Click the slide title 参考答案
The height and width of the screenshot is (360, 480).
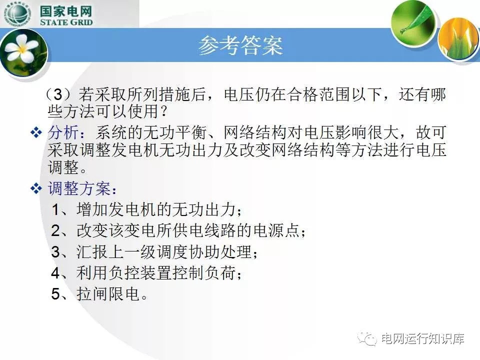pyautogui.click(x=240, y=45)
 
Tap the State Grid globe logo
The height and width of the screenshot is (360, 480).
pyautogui.click(x=17, y=14)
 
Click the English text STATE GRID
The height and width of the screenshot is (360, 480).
pyautogui.click(x=66, y=22)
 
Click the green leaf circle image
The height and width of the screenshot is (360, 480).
pyautogui.click(x=413, y=22)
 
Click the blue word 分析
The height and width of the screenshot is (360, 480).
pyautogui.click(x=63, y=132)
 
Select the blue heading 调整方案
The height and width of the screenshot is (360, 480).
pyautogui.click(x=79, y=188)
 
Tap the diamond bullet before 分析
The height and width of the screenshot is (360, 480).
pyautogui.click(x=36, y=132)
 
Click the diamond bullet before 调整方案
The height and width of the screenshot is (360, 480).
pyautogui.click(x=36, y=188)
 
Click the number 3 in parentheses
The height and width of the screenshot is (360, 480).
pyautogui.click(x=58, y=94)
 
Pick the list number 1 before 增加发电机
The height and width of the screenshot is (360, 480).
pyautogui.click(x=55, y=209)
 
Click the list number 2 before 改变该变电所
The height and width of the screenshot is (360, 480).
pyautogui.click(x=55, y=230)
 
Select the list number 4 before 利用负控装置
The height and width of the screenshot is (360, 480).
pyautogui.click(x=55, y=273)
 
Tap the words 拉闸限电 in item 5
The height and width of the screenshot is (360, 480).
pyautogui.click(x=108, y=293)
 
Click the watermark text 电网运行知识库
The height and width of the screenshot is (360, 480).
pyautogui.click(x=423, y=338)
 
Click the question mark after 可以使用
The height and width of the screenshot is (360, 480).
pyautogui.click(x=164, y=111)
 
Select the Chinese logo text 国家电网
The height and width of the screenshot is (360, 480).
pyautogui.click(x=66, y=11)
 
